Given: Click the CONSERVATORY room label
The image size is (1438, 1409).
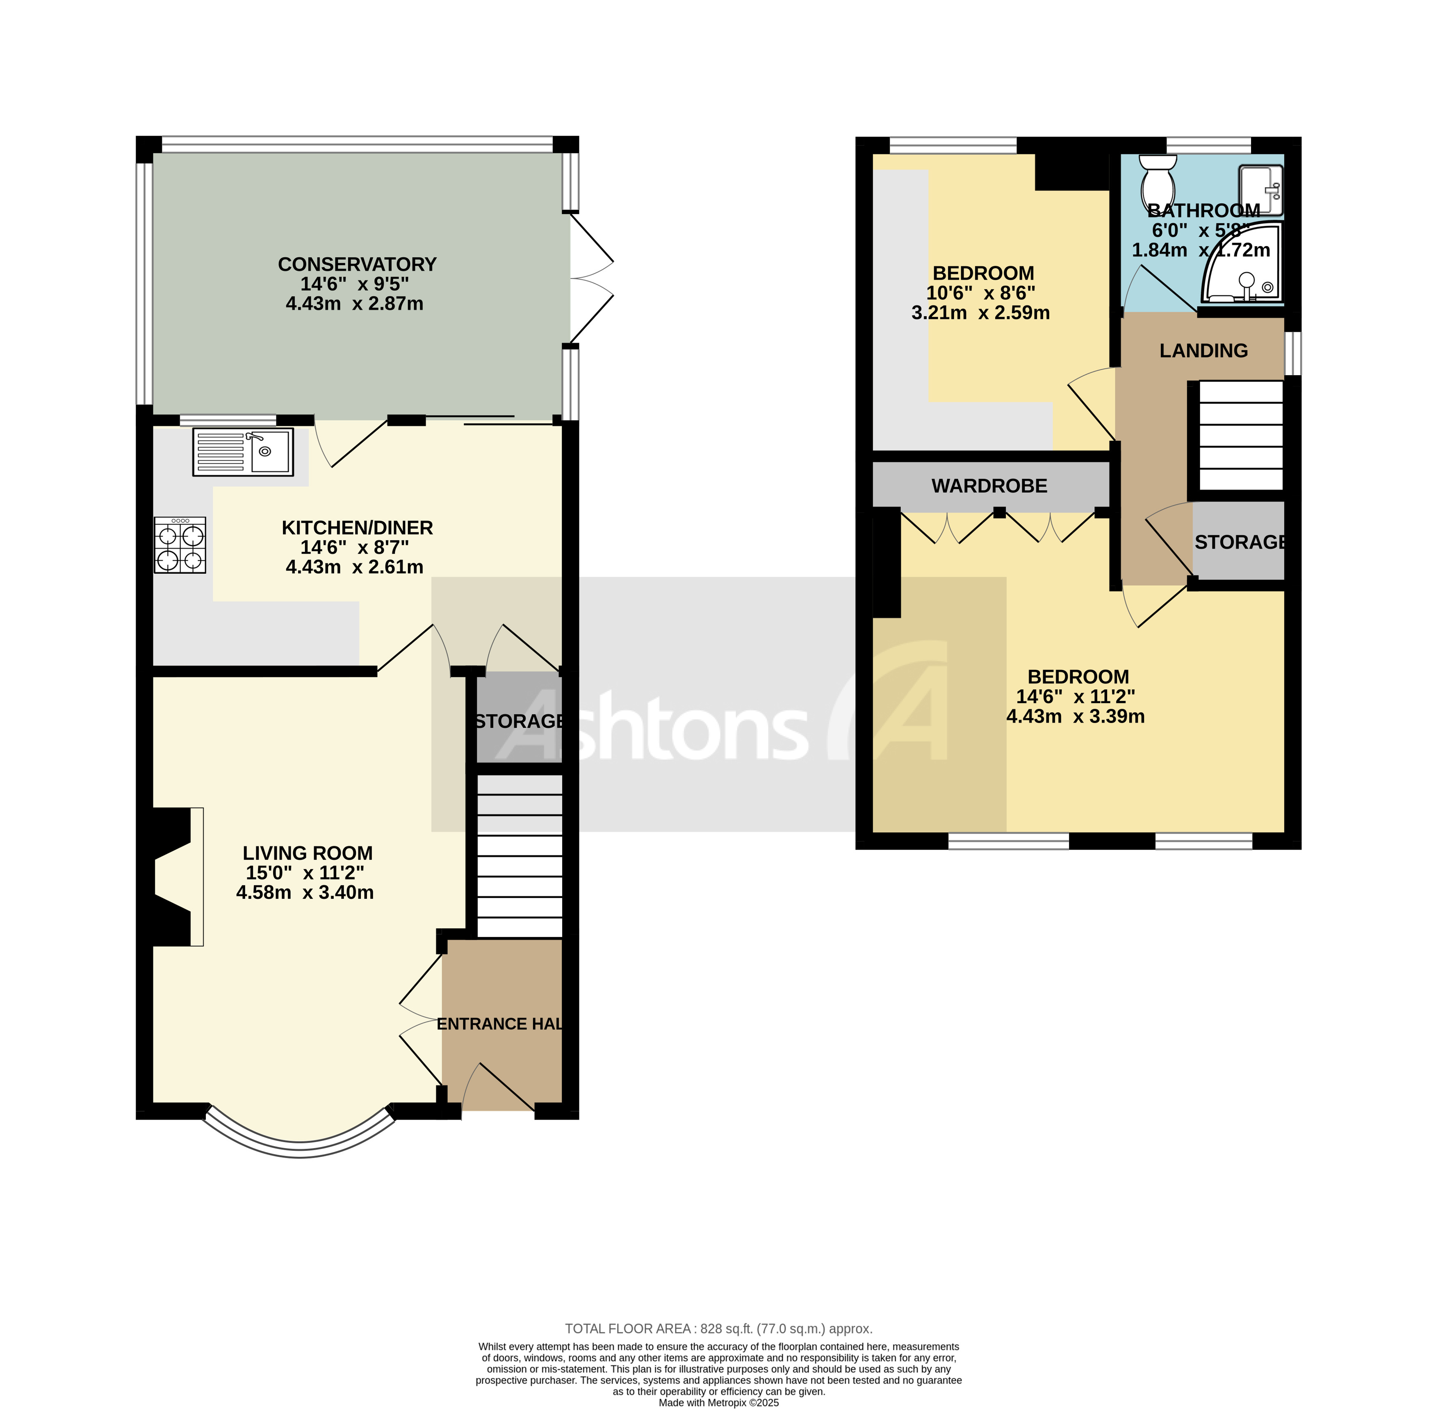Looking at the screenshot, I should [357, 264].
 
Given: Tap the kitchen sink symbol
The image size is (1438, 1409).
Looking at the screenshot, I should [243, 451].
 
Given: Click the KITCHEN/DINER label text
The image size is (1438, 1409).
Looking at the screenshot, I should [357, 528].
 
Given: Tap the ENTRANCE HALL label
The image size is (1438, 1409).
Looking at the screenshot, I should [499, 1024].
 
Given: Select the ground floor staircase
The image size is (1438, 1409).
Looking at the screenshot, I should [520, 856].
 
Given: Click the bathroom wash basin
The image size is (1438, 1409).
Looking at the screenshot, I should [1260, 190].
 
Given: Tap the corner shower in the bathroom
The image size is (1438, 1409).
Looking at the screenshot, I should [1243, 267].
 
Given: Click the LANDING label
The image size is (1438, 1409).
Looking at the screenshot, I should [1203, 351].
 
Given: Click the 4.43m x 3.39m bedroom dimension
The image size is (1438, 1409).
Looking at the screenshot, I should [1076, 716].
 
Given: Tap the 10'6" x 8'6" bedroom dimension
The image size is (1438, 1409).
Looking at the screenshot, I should [981, 293].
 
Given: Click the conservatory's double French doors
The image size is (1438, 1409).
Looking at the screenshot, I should [590, 279].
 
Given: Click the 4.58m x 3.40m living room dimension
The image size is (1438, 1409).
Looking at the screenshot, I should [305, 892].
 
